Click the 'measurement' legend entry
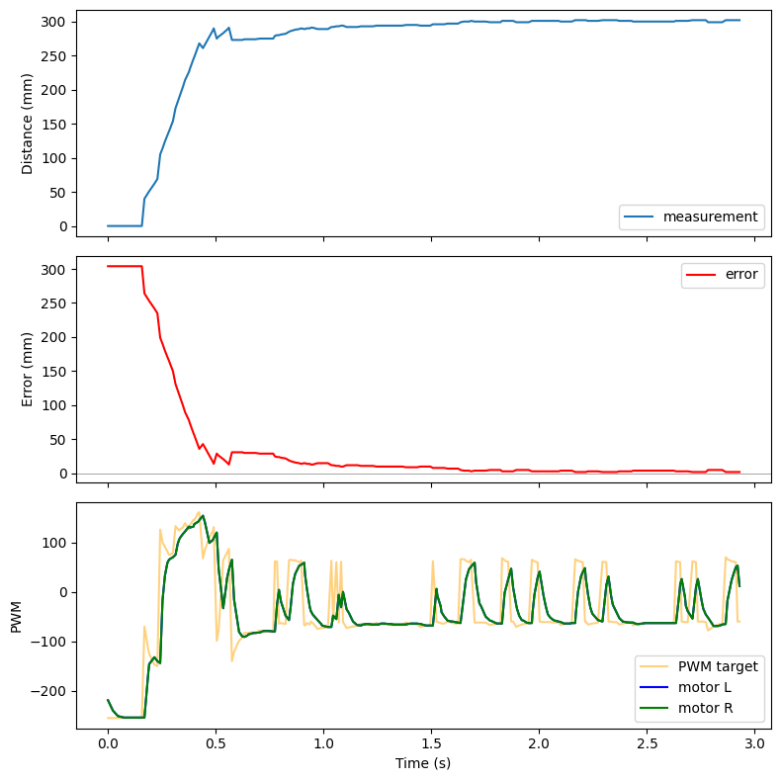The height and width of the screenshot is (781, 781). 710,217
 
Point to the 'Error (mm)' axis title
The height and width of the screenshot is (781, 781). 28,365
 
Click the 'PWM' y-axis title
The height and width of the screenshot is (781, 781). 16,615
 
